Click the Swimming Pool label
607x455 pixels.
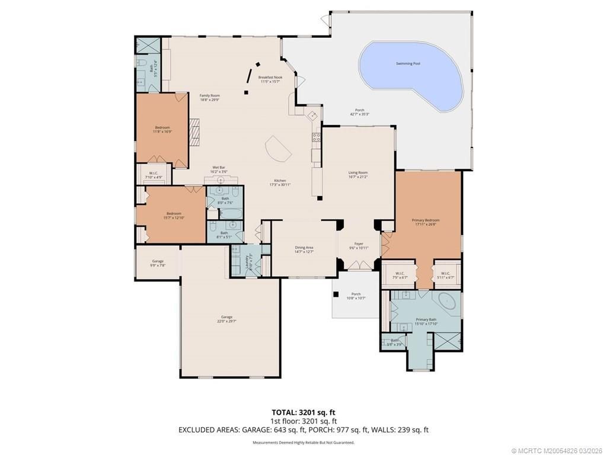click(408, 63)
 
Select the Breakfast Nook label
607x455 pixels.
click(270, 79)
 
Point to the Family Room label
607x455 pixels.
click(209, 97)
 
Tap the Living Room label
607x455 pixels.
click(358, 174)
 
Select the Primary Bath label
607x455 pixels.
click(426, 321)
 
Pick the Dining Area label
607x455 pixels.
click(304, 249)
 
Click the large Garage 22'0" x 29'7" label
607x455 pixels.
click(226, 319)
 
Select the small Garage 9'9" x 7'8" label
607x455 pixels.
click(158, 263)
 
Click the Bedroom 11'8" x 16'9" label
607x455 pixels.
click(162, 129)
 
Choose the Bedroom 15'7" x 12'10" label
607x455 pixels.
click(174, 216)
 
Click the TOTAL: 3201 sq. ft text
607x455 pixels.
click(303, 412)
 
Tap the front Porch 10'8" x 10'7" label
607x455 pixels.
click(356, 296)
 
